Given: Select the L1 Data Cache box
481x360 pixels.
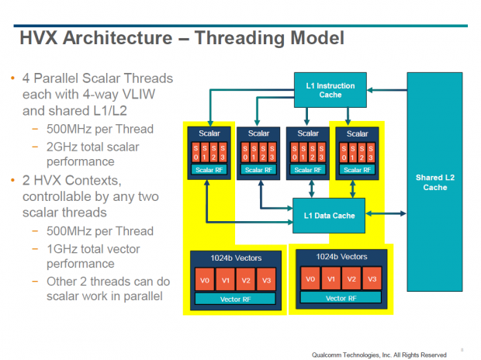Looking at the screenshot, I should [328, 215].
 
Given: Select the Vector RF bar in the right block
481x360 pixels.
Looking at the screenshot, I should [341, 298].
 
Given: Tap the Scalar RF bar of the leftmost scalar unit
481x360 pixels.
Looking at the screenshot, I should [206, 169].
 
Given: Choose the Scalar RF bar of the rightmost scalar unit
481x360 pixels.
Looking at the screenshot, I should [356, 169].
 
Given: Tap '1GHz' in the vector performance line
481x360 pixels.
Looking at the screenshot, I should [66, 249].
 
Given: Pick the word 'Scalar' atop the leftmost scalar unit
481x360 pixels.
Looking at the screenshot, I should [206, 133].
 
